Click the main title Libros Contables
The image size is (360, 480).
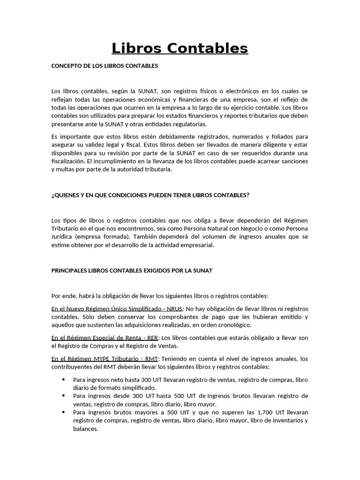(x=180, y=48)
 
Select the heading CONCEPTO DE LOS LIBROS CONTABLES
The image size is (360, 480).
(x=105, y=66)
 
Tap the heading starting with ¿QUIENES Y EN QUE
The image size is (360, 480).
(x=150, y=195)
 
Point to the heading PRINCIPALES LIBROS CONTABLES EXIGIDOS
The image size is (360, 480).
(x=132, y=270)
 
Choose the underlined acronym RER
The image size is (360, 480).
(x=153, y=337)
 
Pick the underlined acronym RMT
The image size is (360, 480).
(x=152, y=359)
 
